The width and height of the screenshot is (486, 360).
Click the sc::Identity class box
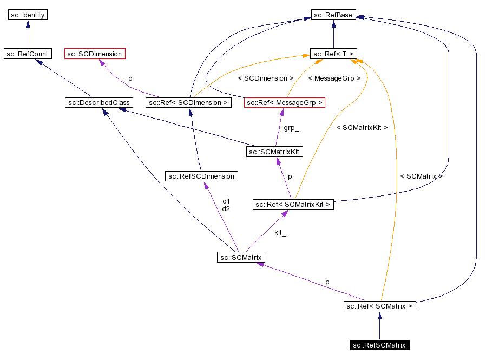(x=28, y=15)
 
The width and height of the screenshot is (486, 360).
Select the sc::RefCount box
(x=27, y=54)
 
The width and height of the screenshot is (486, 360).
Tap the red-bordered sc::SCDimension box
(x=95, y=54)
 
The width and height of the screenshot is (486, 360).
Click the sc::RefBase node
(x=333, y=15)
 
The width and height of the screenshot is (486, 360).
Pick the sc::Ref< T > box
(x=333, y=54)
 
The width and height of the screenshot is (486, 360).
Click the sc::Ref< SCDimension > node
(x=188, y=102)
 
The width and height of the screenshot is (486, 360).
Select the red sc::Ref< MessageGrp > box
(x=284, y=102)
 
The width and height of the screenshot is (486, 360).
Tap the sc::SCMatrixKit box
(x=274, y=152)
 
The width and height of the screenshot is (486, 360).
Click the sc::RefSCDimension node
(x=201, y=176)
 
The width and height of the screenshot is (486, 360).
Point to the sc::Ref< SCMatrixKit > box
(x=293, y=205)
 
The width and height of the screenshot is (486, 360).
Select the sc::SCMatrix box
(x=241, y=257)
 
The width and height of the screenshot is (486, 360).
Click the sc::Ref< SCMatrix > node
(x=379, y=306)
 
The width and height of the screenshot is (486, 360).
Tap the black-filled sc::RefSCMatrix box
(x=379, y=345)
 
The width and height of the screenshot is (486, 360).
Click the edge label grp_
(x=291, y=129)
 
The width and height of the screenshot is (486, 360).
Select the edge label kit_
(x=280, y=233)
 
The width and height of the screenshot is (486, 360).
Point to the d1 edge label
(x=226, y=201)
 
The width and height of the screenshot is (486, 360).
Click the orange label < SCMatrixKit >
(x=362, y=128)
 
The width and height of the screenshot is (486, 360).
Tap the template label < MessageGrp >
(x=334, y=78)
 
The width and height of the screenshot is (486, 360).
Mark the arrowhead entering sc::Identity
(x=28, y=24)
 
